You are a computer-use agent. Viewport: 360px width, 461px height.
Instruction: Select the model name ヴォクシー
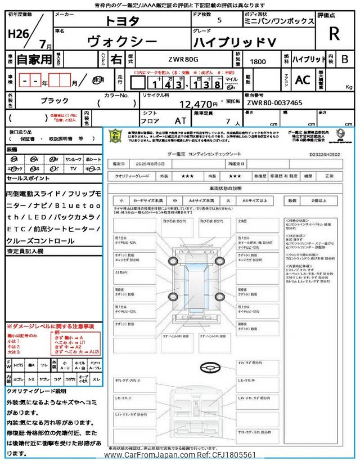coord(116,41)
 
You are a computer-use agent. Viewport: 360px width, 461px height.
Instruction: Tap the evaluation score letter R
coord(334,34)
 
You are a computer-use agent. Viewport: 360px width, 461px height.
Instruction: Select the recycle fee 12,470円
coord(199,104)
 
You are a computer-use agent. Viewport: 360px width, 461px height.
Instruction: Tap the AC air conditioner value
coord(302,79)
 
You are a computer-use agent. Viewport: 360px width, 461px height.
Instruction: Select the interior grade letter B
coord(345,58)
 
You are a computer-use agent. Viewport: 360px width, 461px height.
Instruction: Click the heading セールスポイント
coord(28,178)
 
